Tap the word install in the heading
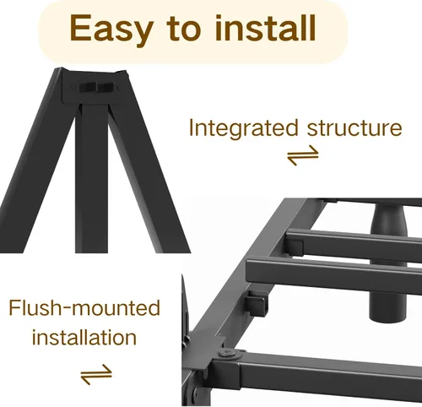(x=265, y=28)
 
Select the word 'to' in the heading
(x=184, y=29)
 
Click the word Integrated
(x=243, y=128)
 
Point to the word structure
(x=354, y=128)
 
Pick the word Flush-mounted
(x=84, y=307)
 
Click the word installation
(x=84, y=337)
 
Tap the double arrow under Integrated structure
(x=303, y=155)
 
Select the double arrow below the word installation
(x=96, y=374)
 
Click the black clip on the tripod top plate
(x=96, y=88)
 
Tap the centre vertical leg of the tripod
(x=91, y=178)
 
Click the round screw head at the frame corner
(x=227, y=354)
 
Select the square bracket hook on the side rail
(x=257, y=304)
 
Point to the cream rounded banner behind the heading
(x=193, y=30)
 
